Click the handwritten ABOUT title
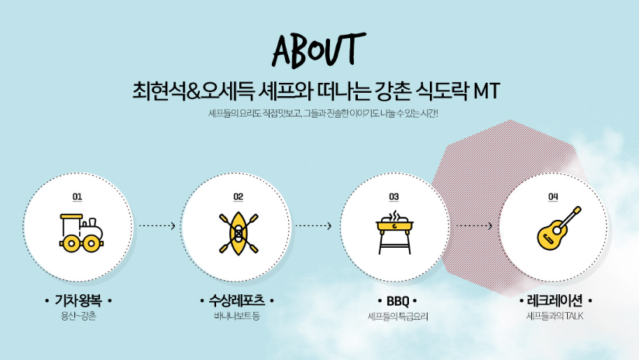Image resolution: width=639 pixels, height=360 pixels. click(318, 50)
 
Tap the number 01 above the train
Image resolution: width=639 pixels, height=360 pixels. click(77, 197)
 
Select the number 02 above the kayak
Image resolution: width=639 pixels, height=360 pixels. click(239, 197)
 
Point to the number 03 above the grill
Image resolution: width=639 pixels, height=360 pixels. click(393, 197)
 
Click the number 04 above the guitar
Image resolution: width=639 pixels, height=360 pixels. click(553, 197)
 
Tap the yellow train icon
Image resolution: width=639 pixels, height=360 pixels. click(81, 233)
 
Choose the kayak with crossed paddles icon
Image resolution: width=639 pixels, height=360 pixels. click(239, 233)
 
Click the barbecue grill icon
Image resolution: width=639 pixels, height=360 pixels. click(394, 232)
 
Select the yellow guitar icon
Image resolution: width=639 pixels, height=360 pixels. click(558, 228)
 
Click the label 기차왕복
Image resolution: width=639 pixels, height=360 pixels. click(78, 300)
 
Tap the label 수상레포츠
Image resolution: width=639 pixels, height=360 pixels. click(237, 300)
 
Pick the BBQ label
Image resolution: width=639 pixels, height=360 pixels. click(398, 301)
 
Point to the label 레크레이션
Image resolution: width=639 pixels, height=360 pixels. click(555, 300)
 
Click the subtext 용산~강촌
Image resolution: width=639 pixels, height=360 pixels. click(79, 316)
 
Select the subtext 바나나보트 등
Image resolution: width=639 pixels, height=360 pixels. click(237, 316)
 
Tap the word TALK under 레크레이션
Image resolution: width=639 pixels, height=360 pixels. click(574, 316)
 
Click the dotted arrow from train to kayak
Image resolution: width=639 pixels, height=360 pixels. click(157, 225)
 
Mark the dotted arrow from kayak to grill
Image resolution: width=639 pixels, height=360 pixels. click(314, 225)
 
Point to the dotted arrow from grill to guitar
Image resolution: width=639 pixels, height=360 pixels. click(474, 225)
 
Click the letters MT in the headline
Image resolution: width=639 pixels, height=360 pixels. click(486, 91)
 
